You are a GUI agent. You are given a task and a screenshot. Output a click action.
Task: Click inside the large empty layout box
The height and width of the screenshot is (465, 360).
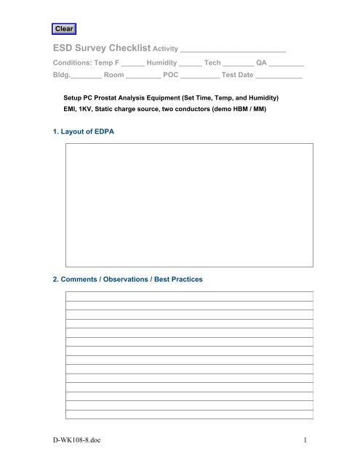[x=189, y=206]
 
